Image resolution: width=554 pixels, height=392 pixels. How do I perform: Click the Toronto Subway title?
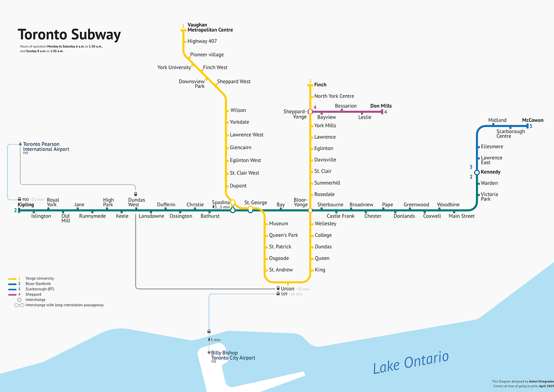pyautogui.click(x=69, y=35)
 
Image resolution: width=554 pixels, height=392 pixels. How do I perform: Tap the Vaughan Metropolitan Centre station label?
pyautogui.click(x=210, y=27)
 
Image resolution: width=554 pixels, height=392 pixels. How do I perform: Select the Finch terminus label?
pyautogui.click(x=320, y=85)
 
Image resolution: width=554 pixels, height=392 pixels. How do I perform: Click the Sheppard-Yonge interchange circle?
pyautogui.click(x=310, y=111)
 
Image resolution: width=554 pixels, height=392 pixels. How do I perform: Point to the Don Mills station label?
pyautogui.click(x=381, y=106)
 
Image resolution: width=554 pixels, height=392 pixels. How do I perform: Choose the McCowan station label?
pyautogui.click(x=533, y=120)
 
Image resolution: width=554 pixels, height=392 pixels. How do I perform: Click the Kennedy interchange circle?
pyautogui.click(x=477, y=172)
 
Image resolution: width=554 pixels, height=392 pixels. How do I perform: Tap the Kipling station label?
pyautogui.click(x=26, y=205)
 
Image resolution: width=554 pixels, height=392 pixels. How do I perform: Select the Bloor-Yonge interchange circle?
pyautogui.click(x=310, y=210)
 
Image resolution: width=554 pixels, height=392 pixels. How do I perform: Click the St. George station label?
pyautogui.click(x=255, y=203)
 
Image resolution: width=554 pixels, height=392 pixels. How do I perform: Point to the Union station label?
pyautogui.click(x=287, y=289)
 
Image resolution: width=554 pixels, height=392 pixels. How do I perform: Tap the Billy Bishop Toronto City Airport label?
pyautogui.click(x=233, y=355)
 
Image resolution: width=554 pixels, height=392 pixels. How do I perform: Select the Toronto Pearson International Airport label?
pyautogui.click(x=46, y=147)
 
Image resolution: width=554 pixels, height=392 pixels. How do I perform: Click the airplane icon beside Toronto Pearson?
pyautogui.click(x=20, y=144)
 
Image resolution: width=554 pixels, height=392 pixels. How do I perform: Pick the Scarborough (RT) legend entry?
pyautogui.click(x=40, y=289)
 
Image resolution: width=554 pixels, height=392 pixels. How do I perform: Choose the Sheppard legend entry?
pyautogui.click(x=33, y=294)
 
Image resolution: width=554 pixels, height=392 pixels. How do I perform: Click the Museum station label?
pyautogui.click(x=278, y=224)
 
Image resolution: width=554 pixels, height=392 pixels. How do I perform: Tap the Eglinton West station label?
pyautogui.click(x=245, y=161)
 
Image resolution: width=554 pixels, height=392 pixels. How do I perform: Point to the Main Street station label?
pyautogui.click(x=461, y=216)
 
